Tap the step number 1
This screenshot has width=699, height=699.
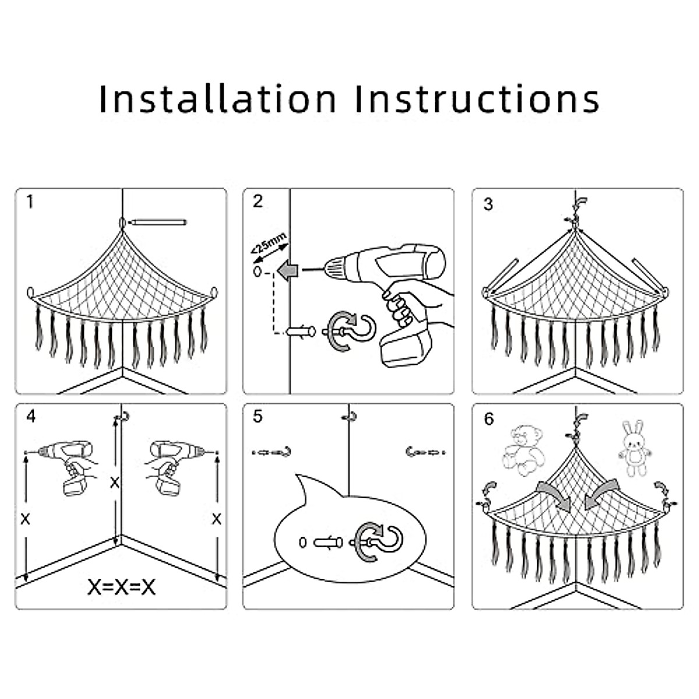(x=30, y=202)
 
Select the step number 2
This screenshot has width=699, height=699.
(x=258, y=202)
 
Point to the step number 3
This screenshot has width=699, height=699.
(x=488, y=204)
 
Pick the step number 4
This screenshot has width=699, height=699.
(x=31, y=416)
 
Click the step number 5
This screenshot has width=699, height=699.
(x=258, y=416)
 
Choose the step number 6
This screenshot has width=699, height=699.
(x=488, y=419)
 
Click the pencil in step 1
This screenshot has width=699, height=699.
(x=157, y=223)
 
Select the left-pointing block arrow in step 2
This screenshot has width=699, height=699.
(x=288, y=270)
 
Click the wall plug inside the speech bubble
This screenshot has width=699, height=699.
(x=326, y=543)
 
